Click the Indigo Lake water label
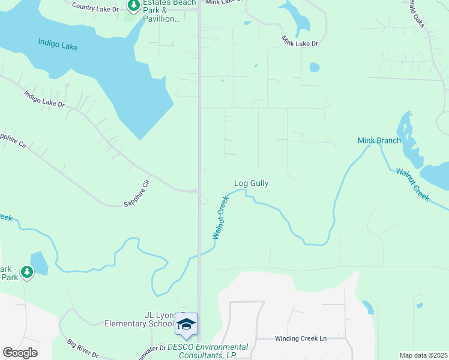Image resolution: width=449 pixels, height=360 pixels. tap(58, 44)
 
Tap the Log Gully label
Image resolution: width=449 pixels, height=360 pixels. tap(251, 183)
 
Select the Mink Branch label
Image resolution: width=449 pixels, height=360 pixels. tap(379, 140)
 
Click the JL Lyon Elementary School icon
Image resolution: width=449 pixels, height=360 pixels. tap(187, 324)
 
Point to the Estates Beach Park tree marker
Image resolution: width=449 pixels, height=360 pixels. tap(133, 7)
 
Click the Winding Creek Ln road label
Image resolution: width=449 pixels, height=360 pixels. tap(300, 338)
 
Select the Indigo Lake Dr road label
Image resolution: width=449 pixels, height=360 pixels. tap(44, 99)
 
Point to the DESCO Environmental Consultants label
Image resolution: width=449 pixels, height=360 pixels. tap(208, 351)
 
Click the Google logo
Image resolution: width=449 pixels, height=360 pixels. tap(20, 353)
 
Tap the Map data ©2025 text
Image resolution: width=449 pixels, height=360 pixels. tap(423, 355)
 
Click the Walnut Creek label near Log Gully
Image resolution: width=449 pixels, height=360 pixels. tap(221, 217)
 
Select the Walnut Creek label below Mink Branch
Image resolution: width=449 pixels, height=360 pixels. tap(412, 184)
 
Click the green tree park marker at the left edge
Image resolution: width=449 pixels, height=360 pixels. tap(26, 272)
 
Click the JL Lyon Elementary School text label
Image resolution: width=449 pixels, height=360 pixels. tap(139, 319)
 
